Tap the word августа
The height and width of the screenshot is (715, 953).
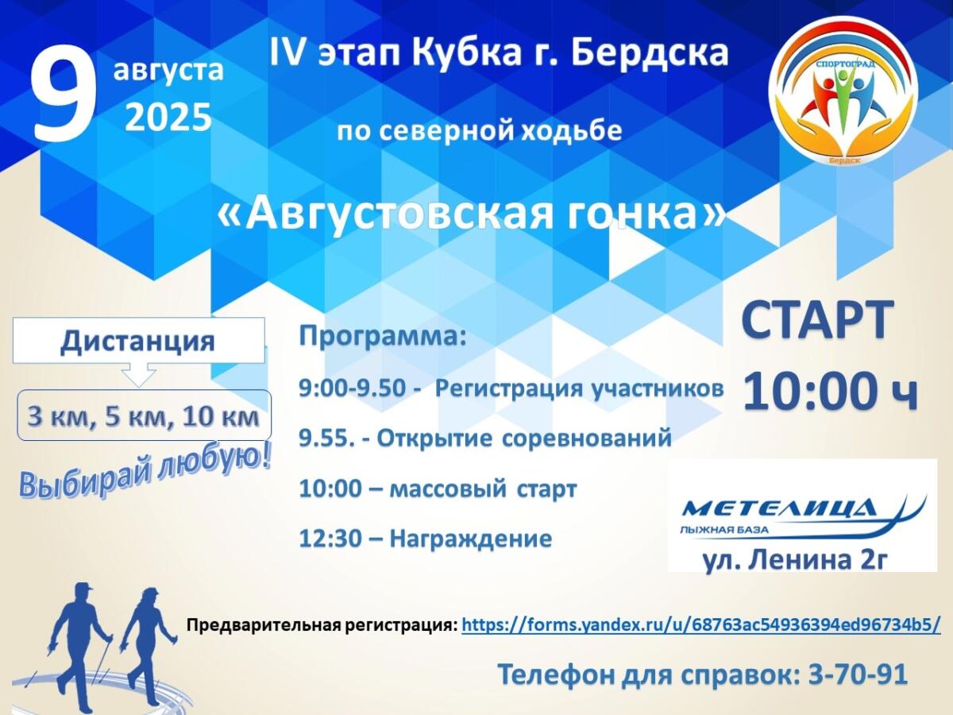(168, 71)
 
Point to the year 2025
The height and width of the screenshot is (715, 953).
(168, 118)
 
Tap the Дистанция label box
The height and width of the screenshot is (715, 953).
(138, 340)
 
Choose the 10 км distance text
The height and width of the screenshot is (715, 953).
(221, 417)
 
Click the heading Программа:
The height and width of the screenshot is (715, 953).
(383, 337)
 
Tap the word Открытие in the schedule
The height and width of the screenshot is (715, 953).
(434, 439)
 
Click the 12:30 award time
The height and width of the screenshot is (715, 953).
(330, 539)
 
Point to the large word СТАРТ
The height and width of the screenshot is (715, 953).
(816, 321)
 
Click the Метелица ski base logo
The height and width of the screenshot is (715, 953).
(803, 516)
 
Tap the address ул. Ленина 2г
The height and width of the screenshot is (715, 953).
(793, 559)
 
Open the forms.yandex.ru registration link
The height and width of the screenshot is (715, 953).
(701, 625)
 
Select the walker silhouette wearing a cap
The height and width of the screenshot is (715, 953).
(81, 643)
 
